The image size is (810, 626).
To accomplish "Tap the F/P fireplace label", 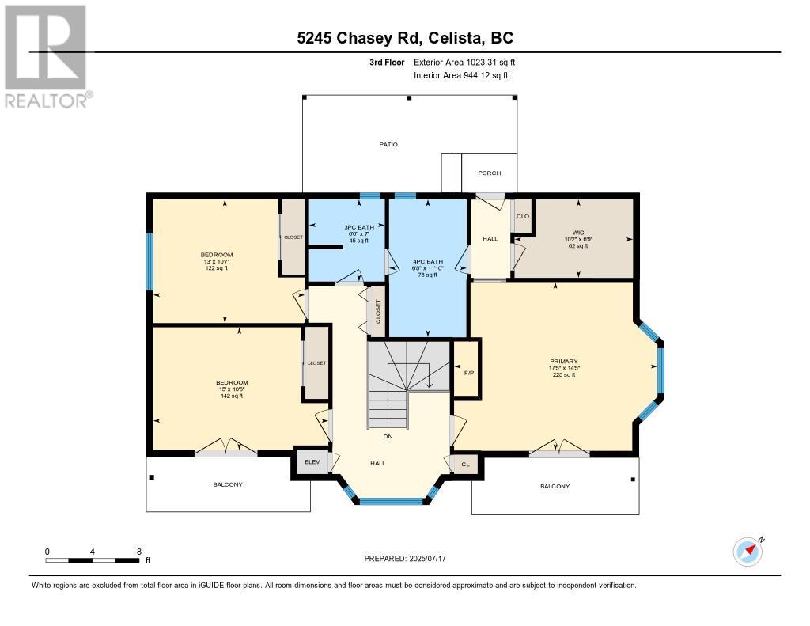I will pyautogui.click(x=468, y=371).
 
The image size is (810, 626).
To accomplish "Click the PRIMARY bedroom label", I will pyautogui.click(x=565, y=362).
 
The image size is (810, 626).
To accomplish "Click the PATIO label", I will pyautogui.click(x=388, y=145).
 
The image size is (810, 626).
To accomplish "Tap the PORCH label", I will pyautogui.click(x=489, y=173).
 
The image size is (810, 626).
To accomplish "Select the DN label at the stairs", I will pyautogui.click(x=387, y=436).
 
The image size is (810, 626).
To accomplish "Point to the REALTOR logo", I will pyautogui.click(x=47, y=56).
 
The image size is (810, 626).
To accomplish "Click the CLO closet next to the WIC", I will pyautogui.click(x=522, y=216).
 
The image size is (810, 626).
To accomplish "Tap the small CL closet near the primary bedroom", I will pyautogui.click(x=465, y=465).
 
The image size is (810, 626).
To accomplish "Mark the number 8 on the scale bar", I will pyautogui.click(x=139, y=551).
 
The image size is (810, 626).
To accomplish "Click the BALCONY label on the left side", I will pyautogui.click(x=228, y=484).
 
